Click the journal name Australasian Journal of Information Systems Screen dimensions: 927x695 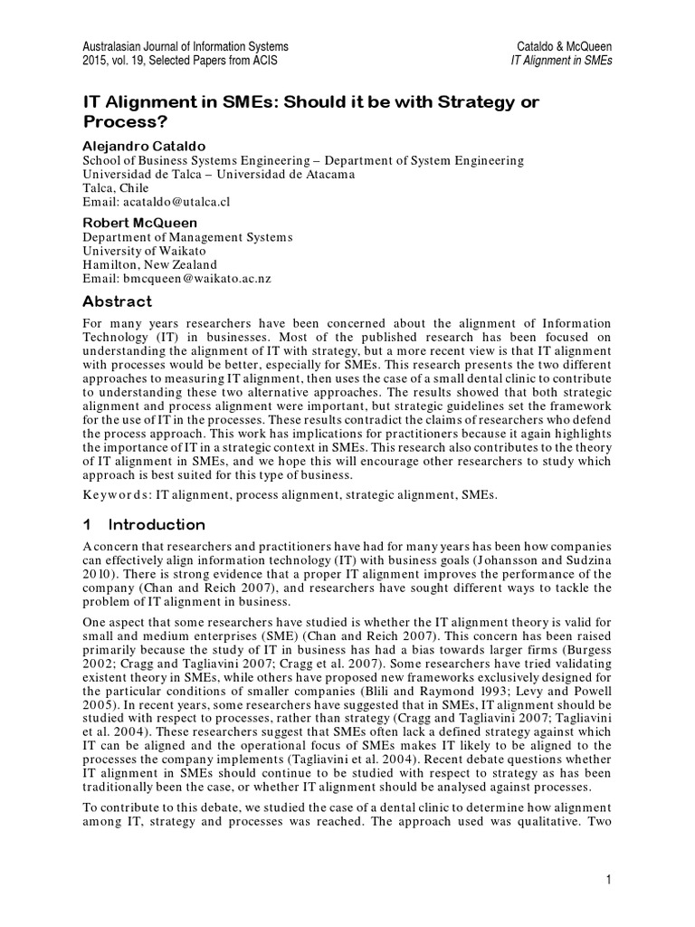(186, 45)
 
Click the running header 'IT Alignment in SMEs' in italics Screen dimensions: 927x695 (562, 61)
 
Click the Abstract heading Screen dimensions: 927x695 (118, 301)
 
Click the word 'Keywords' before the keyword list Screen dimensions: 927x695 (116, 494)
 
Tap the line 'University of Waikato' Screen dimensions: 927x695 (147, 250)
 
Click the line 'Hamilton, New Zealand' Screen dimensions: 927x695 (151, 264)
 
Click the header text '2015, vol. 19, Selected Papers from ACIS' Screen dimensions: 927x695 (180, 61)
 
